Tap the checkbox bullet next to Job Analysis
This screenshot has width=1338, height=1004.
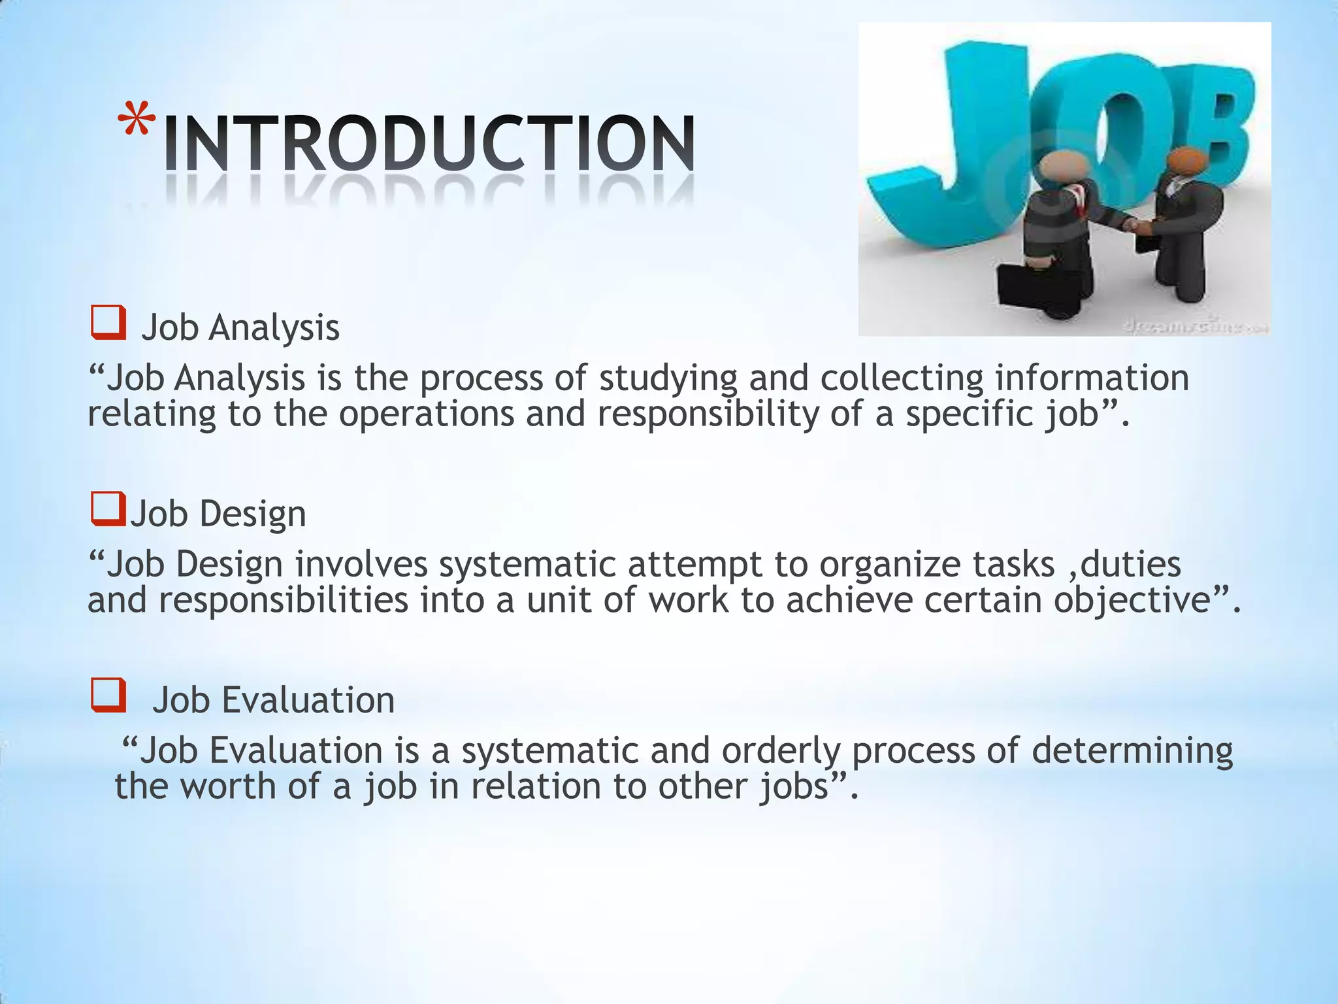(108, 324)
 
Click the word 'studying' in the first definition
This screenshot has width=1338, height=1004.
(668, 379)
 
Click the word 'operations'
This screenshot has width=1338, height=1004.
(427, 414)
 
